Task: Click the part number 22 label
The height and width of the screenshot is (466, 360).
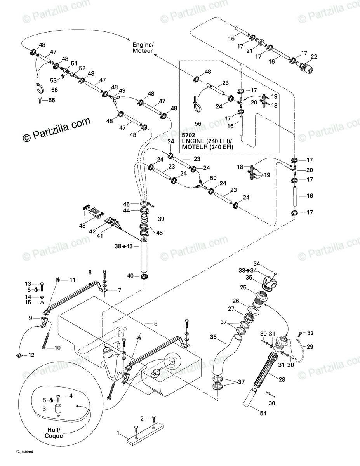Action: (314, 57)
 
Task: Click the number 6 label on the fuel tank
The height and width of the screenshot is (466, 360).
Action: (145, 323)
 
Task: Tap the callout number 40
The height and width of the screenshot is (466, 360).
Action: (130, 276)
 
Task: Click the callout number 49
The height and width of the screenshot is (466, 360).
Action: (122, 91)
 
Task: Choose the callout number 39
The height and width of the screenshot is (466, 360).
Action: (161, 219)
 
